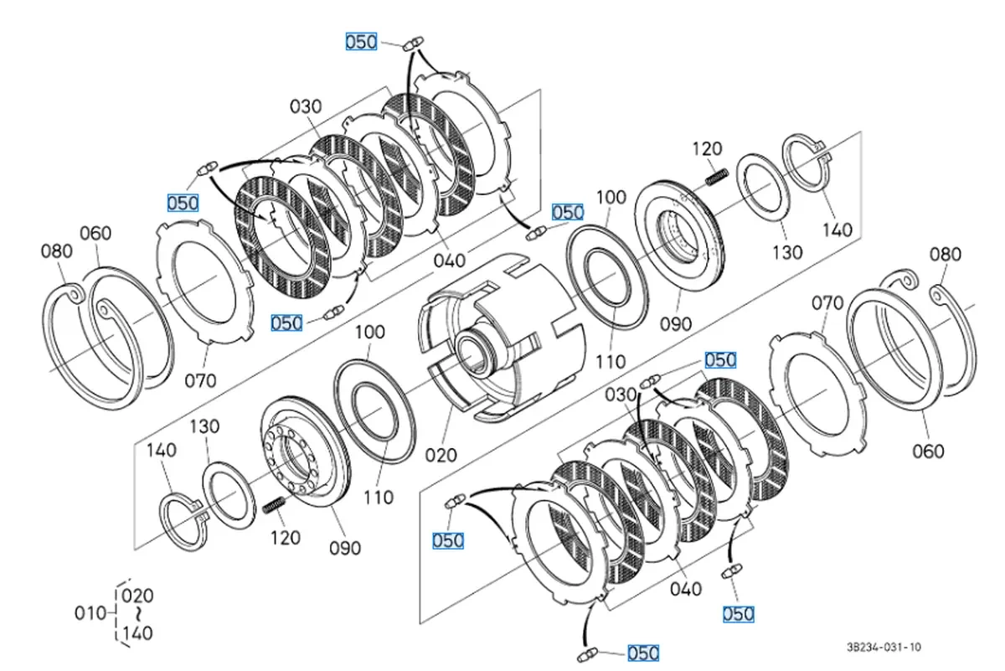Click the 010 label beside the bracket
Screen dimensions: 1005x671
click(90, 613)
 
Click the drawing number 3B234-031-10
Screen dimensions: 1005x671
click(884, 647)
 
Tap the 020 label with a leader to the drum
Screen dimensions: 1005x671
click(441, 455)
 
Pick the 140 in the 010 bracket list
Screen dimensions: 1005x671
click(137, 632)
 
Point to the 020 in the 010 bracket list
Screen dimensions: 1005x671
click(137, 596)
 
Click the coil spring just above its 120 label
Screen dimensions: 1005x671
click(274, 506)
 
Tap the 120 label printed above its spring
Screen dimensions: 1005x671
click(707, 148)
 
